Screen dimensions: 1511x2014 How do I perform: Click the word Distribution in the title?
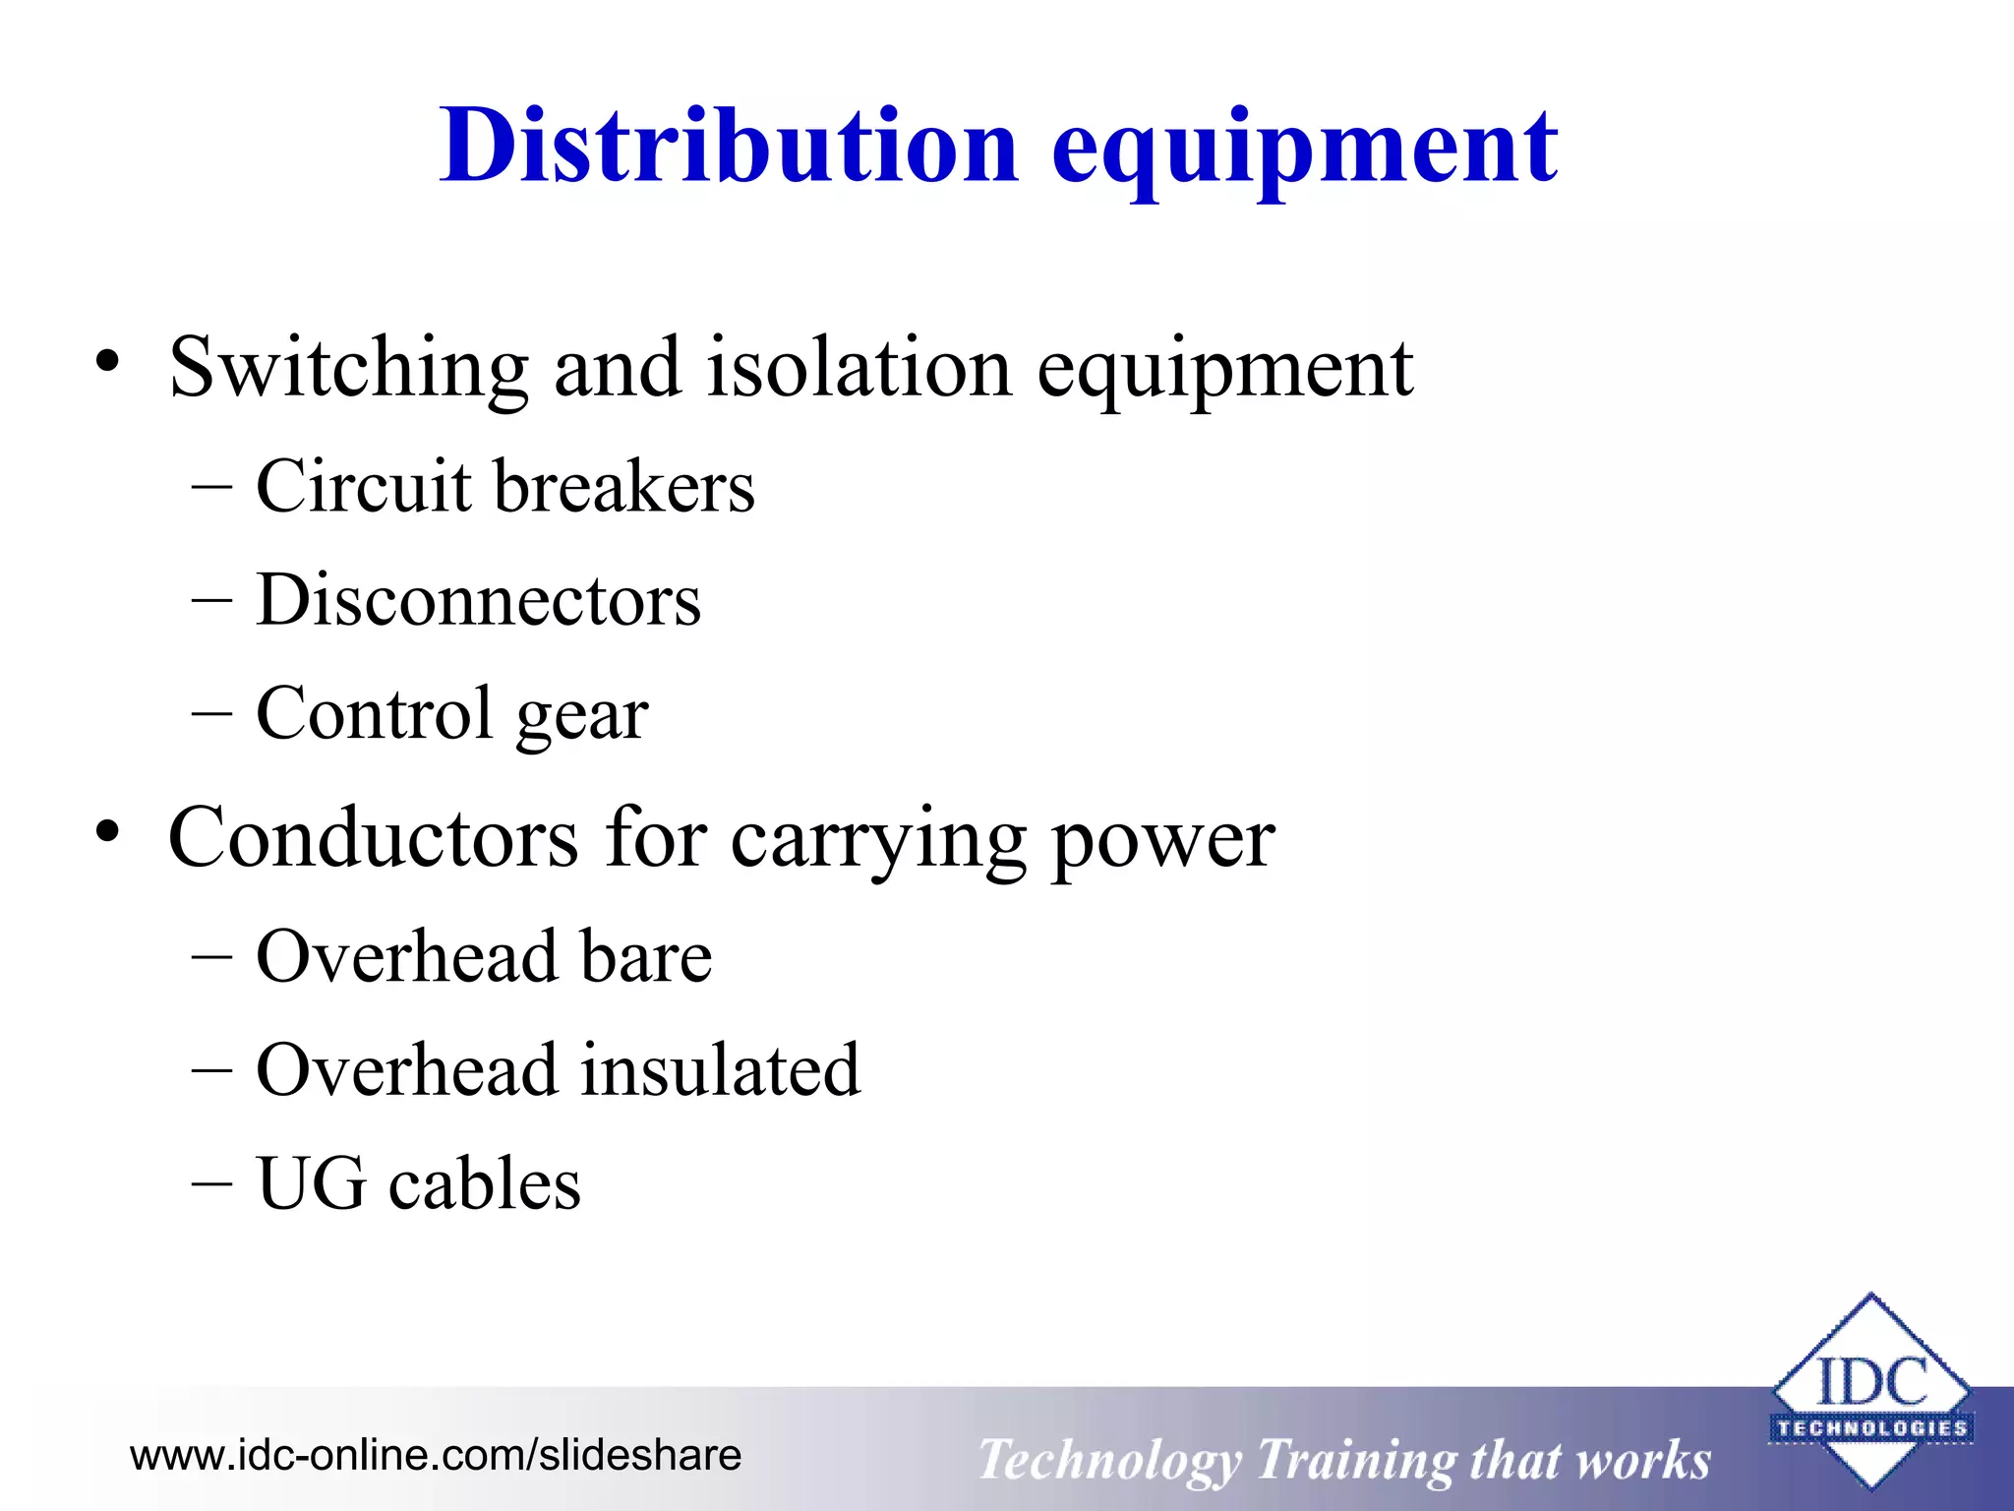pos(729,147)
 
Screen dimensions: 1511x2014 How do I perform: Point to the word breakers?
pos(624,486)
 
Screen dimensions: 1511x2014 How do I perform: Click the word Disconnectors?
pos(479,600)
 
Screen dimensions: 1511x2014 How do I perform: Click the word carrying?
pos(878,841)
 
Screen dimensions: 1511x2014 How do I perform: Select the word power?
pos(1163,841)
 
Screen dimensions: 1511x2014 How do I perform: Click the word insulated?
pos(721,1069)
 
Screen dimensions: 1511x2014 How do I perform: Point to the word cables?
pos(485,1183)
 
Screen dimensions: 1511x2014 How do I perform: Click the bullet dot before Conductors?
pos(107,833)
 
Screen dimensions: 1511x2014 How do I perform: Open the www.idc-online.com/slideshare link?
pos(436,1455)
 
